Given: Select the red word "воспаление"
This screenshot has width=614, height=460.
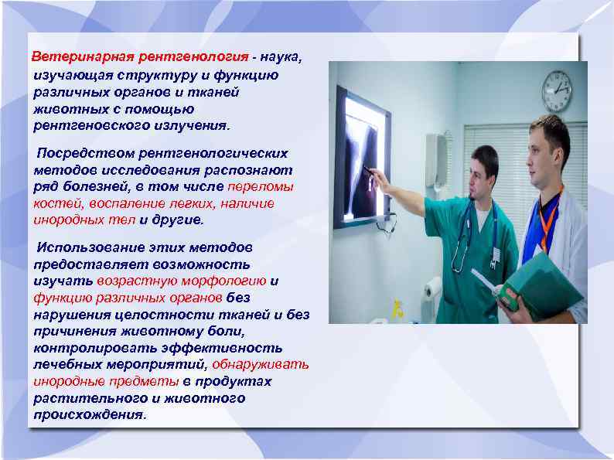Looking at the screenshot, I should pyautogui.click(x=122, y=203).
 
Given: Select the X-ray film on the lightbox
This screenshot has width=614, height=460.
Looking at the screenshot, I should pyautogui.click(x=363, y=158).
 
